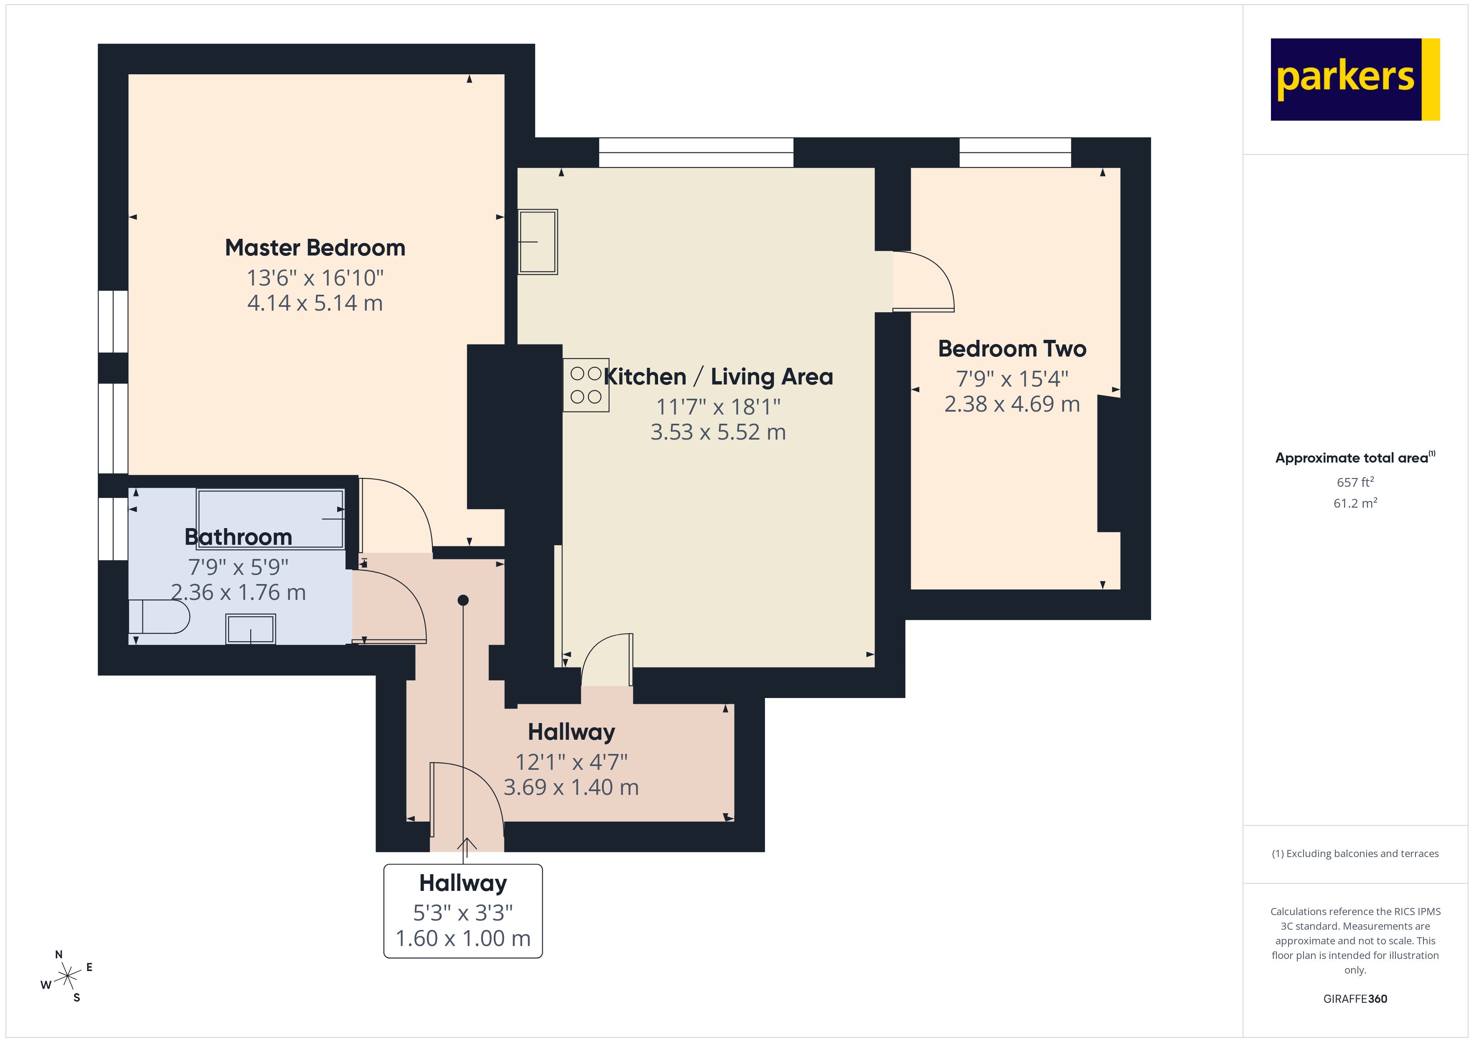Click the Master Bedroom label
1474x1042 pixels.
click(x=315, y=248)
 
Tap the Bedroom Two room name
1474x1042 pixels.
click(x=1012, y=349)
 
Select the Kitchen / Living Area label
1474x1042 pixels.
click(x=718, y=377)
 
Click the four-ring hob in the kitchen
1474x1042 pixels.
click(x=585, y=385)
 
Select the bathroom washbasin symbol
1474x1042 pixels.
click(x=250, y=629)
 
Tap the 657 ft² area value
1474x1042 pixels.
click(x=1355, y=482)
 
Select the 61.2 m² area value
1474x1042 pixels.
click(x=1355, y=503)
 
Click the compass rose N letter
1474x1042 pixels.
click(x=58, y=954)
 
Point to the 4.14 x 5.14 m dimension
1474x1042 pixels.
click(x=315, y=303)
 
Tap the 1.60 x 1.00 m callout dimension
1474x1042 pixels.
click(x=463, y=938)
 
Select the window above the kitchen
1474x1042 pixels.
click(x=696, y=153)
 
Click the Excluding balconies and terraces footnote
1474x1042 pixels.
click(x=1355, y=853)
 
